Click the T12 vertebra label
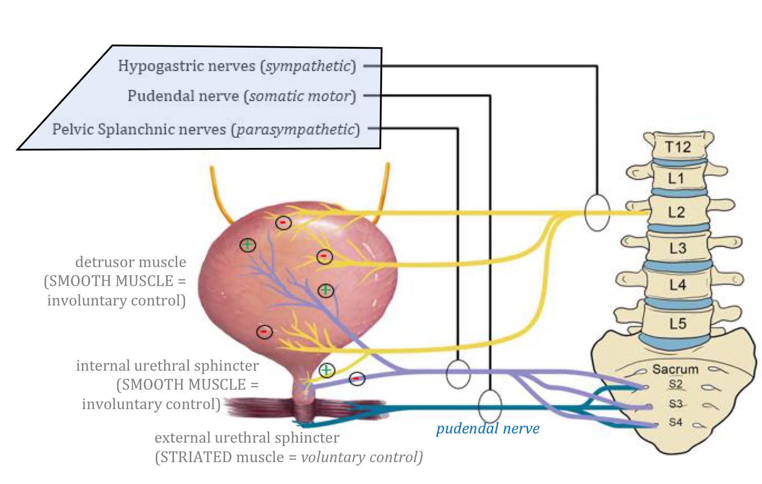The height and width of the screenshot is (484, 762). coord(678,146)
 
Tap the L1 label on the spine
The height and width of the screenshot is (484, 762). coord(676,179)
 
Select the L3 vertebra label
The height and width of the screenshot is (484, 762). coord(677,248)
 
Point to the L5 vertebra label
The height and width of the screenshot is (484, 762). coord(677,323)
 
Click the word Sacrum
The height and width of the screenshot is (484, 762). coord(675,369)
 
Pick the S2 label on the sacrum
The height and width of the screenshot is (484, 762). coord(675,384)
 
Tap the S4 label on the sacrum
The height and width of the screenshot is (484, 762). coord(675,422)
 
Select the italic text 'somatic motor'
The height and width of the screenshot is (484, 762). coord(299,96)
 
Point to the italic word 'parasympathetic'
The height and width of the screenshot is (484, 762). coord(295,129)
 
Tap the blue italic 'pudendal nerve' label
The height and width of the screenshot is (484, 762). coord(487,429)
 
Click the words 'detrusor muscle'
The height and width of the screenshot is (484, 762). coord(130,262)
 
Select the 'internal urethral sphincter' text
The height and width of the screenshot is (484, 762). coord(167,366)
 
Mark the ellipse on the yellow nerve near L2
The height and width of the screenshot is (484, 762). coord(596,213)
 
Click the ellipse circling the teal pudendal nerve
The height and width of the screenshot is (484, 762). coord(489,406)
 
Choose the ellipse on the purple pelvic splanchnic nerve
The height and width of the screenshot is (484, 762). coord(458,374)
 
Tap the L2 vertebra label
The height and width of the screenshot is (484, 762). coord(676,212)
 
